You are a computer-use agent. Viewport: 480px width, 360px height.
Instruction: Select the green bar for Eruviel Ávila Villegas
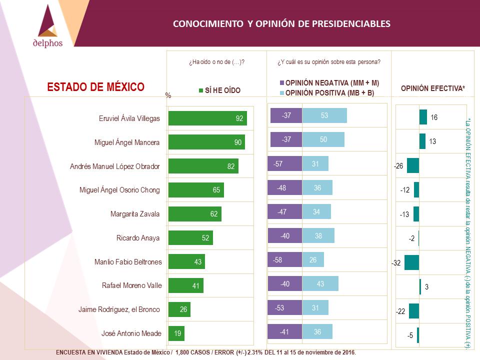(x=207, y=118)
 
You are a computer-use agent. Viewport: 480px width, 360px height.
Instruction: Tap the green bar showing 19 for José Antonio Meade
(x=176, y=333)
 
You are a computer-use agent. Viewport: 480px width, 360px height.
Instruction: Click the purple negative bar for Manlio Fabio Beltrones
(x=284, y=259)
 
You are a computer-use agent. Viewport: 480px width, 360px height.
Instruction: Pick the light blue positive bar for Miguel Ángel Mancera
(x=323, y=139)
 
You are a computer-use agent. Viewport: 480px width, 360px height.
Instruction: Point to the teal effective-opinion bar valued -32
(x=411, y=262)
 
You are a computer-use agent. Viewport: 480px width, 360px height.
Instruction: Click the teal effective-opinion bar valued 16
(x=423, y=117)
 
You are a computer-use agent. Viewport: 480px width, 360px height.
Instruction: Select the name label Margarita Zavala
(x=135, y=214)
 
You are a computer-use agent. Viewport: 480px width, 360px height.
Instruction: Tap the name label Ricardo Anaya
(x=138, y=238)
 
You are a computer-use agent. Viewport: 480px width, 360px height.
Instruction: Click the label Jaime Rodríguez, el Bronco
(x=119, y=309)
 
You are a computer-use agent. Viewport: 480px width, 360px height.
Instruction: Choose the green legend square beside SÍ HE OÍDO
(x=201, y=90)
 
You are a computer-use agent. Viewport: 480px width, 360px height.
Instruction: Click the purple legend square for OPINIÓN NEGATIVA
(x=282, y=83)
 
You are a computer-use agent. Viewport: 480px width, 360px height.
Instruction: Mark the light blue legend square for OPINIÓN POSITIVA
(x=282, y=93)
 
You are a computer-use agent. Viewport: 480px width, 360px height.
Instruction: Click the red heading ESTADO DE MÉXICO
(x=96, y=87)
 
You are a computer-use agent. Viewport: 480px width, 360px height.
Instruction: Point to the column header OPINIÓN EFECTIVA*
(x=433, y=88)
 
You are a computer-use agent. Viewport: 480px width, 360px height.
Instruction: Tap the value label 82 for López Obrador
(x=231, y=166)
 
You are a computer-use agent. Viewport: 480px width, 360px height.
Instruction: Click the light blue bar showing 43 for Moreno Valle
(x=320, y=284)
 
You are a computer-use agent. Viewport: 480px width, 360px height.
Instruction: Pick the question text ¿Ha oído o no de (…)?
(x=216, y=62)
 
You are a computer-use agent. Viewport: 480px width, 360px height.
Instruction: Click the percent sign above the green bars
(x=168, y=95)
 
